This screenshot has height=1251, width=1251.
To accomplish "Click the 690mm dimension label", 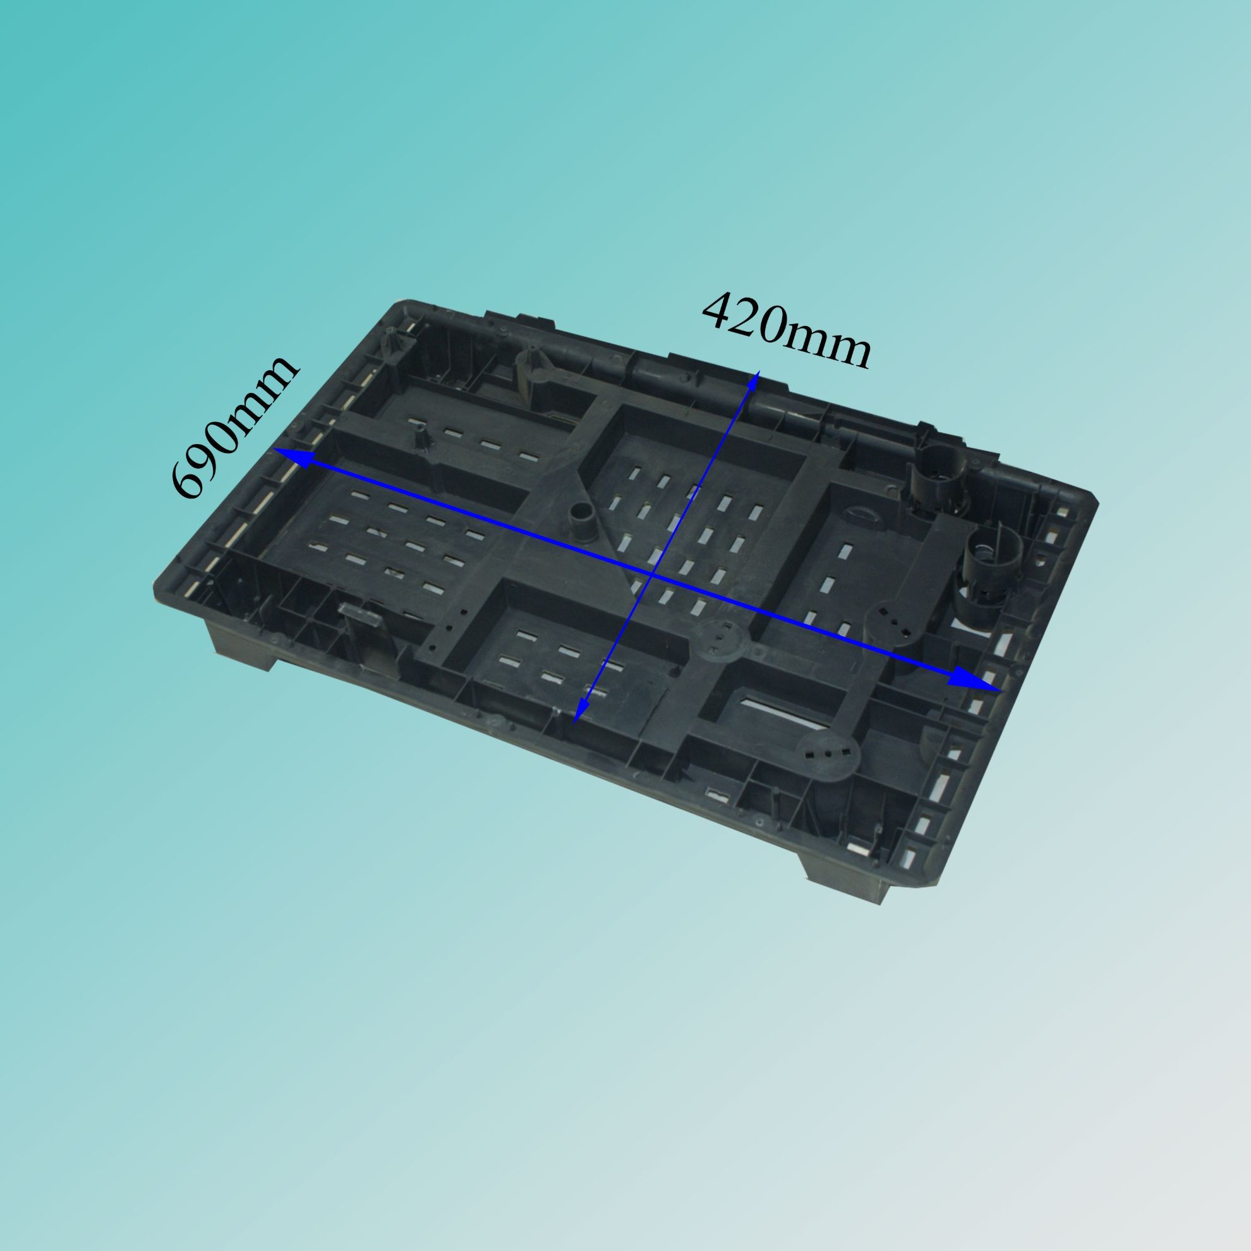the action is tap(235, 428).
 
